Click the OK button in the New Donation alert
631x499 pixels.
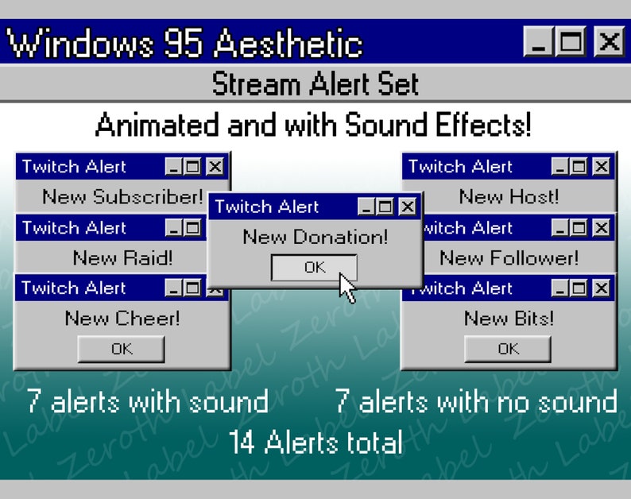[315, 268]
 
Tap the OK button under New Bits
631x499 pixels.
[508, 349]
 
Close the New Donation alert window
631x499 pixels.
[408, 207]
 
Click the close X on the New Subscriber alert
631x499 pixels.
[215, 167]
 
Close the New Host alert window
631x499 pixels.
[602, 167]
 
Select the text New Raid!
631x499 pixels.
[122, 258]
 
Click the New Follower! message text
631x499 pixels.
[509, 258]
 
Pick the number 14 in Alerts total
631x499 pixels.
[242, 443]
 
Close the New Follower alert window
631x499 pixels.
[602, 228]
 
